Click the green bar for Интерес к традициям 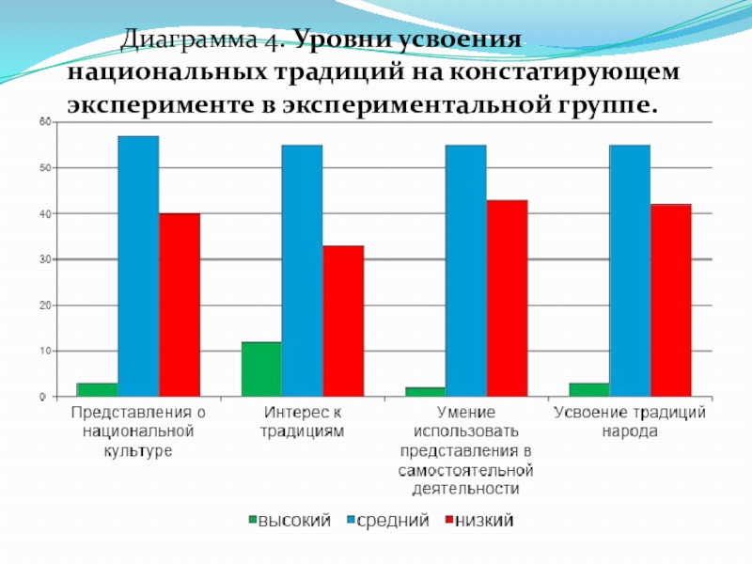pos(261,369)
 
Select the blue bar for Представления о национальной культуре pos(138,267)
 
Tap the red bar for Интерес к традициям pos(343,321)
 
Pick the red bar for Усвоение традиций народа pos(670,301)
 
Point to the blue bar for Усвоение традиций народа pos(630,271)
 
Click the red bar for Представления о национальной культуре pos(179,305)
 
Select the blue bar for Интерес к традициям pos(302,271)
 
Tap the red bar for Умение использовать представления pos(507,299)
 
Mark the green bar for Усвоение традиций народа pos(589,390)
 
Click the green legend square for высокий pos(253,520)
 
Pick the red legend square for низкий pos(448,520)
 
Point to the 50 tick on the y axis pos(43,168)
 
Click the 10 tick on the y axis pos(43,352)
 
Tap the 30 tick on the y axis pos(43,259)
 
